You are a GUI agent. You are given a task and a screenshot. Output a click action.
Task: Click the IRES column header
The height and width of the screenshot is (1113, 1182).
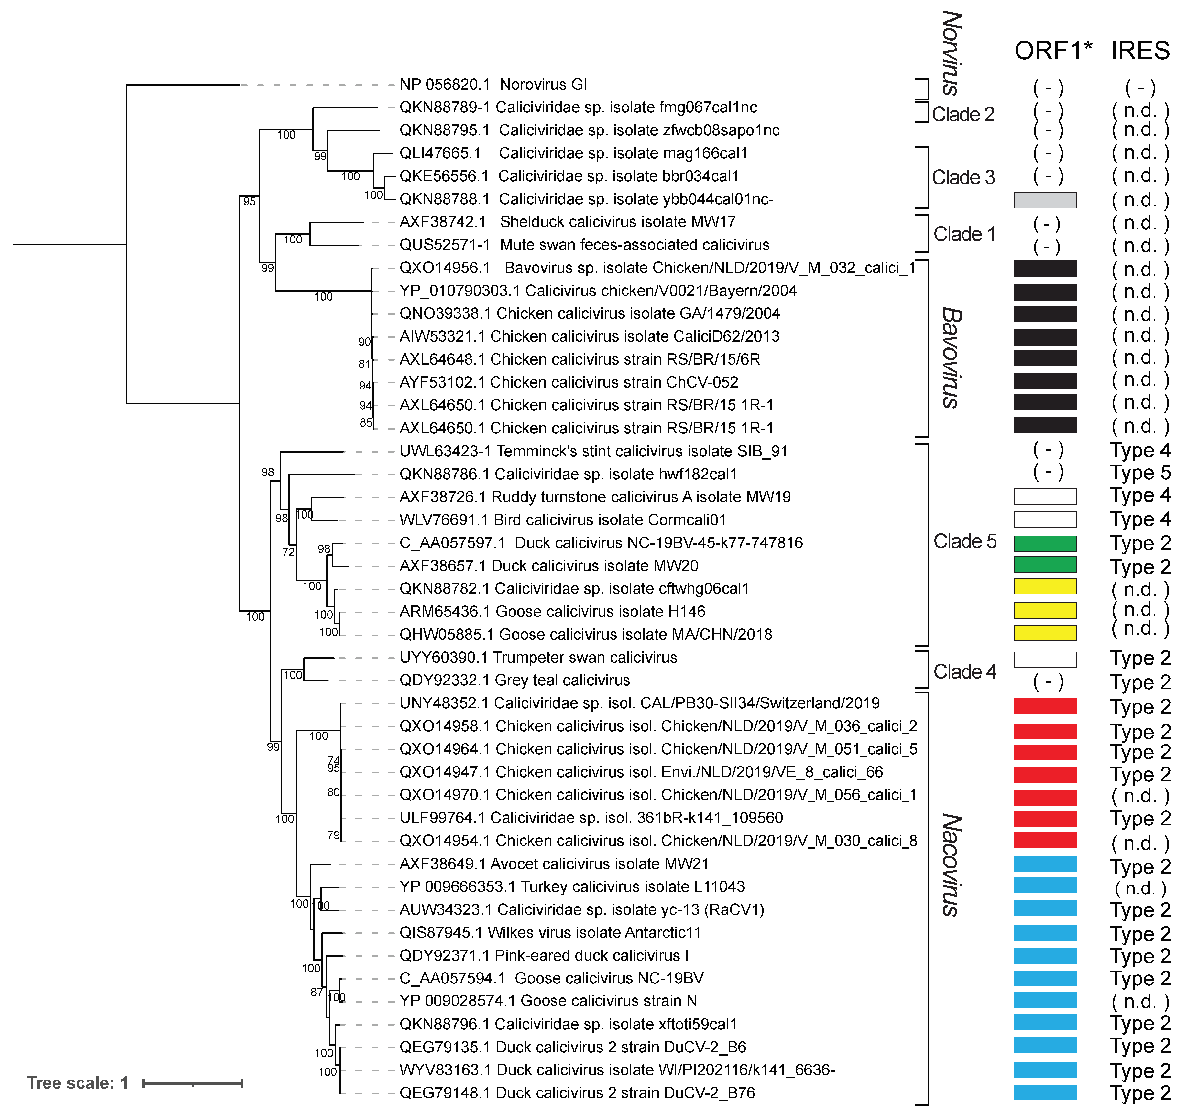tap(1140, 51)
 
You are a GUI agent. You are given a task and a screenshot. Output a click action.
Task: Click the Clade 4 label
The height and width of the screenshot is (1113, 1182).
tap(964, 672)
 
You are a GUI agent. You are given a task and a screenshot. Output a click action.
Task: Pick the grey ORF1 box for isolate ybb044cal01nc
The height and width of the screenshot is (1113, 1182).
tap(1045, 200)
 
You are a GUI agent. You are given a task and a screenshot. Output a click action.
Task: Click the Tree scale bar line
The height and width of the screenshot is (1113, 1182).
tap(192, 1083)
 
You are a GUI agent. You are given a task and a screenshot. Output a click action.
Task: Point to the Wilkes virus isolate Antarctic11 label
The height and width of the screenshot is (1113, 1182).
tap(550, 932)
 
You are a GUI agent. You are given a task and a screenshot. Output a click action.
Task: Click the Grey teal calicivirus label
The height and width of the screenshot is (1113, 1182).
tap(514, 680)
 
